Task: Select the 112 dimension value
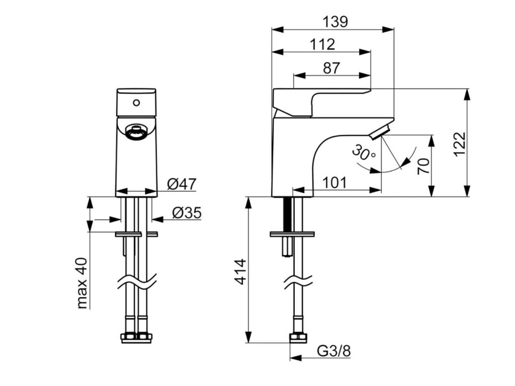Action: [x=322, y=44]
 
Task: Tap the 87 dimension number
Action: [x=331, y=68]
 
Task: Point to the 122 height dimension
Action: [x=460, y=144]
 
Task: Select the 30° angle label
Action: [x=364, y=152]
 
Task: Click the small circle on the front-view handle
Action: [x=135, y=103]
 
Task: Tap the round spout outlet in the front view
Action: [x=135, y=133]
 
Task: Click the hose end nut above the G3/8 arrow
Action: [x=297, y=337]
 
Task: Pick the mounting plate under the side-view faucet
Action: [x=292, y=234]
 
